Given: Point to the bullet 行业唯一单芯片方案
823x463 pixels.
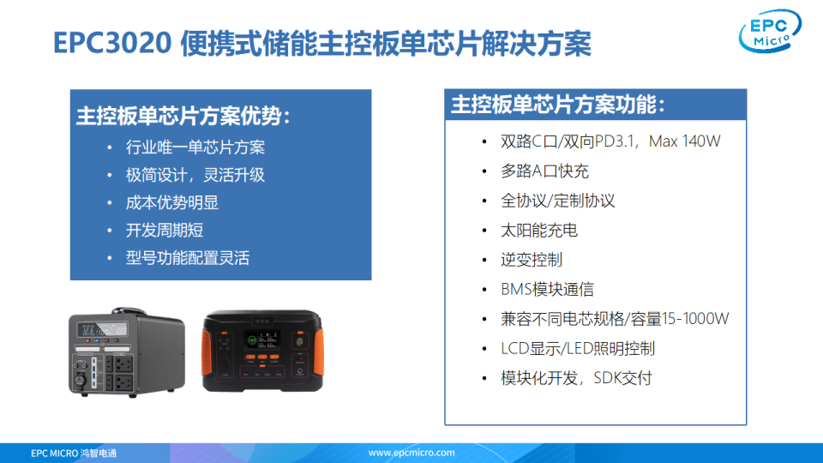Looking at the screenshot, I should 195,147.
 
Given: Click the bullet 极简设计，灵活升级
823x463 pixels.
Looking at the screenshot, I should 195,175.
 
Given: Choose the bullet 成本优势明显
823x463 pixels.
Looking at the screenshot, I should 171,202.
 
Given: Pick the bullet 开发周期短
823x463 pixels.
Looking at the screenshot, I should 164,230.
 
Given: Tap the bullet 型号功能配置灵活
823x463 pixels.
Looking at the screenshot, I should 187,258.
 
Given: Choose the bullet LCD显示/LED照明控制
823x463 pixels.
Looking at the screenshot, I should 578,348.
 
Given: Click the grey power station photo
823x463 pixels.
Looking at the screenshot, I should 127,352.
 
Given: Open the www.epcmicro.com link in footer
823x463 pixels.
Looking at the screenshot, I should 411,453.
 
